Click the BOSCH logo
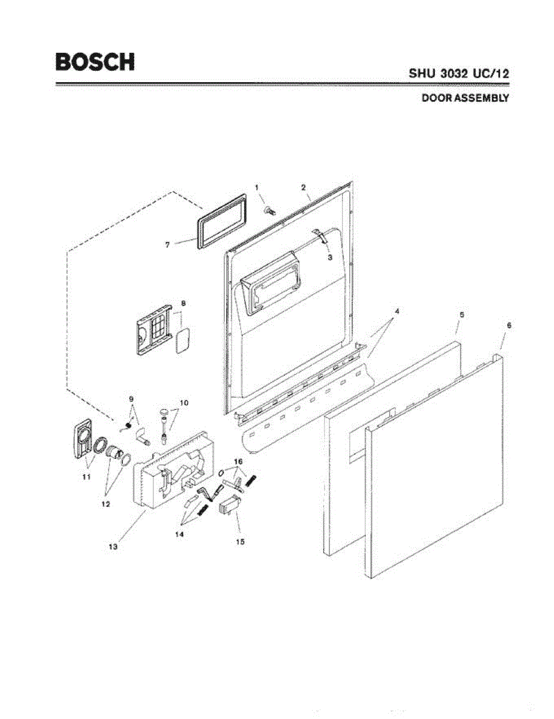coord(95,62)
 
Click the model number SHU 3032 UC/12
coord(459,74)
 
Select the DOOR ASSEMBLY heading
coord(465,98)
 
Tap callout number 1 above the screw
coord(257,188)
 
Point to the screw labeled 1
coord(270,210)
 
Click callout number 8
coord(184,304)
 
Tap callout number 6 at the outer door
coord(509,325)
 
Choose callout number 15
coord(240,542)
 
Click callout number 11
coord(86,477)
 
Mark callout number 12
coord(105,504)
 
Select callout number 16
coord(238,462)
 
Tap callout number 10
coord(183,403)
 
